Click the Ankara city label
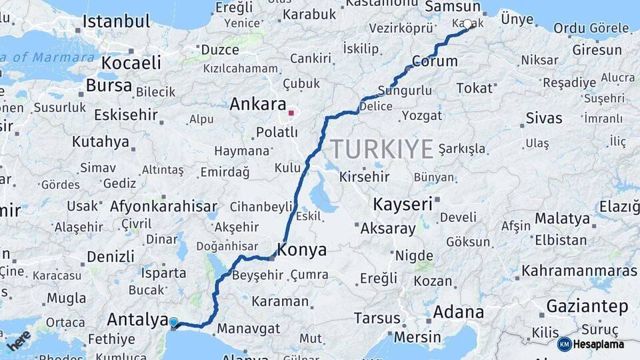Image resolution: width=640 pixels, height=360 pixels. click(x=257, y=105)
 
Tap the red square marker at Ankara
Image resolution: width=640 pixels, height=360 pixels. click(x=291, y=113)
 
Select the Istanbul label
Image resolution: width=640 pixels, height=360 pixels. click(x=116, y=21)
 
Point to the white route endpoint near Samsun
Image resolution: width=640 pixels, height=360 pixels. click(x=467, y=25)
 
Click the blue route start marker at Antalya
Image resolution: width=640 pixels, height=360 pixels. click(x=174, y=323)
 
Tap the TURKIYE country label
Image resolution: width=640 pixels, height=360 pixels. click(x=382, y=149)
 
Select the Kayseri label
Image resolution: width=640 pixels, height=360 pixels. click(x=403, y=204)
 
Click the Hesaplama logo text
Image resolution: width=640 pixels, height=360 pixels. click(x=598, y=344)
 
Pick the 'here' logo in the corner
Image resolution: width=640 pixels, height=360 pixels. click(x=18, y=341)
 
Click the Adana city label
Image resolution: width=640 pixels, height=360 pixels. click(x=459, y=311)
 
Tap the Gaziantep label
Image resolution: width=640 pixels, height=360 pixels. click(x=587, y=307)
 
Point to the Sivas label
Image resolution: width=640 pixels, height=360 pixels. click(x=543, y=119)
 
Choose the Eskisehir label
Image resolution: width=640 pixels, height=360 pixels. click(x=125, y=115)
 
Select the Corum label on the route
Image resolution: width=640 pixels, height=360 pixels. click(x=435, y=61)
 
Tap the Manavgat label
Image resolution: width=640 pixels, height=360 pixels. click(x=250, y=329)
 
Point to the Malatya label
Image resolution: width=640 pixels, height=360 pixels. click(x=562, y=218)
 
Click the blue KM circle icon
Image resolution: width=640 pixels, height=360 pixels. click(x=564, y=344)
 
